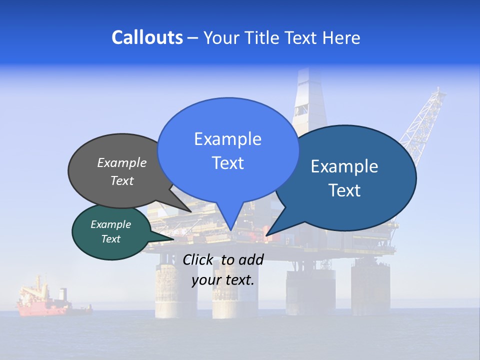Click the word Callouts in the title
click(x=147, y=37)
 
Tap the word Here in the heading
click(x=341, y=37)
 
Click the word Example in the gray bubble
click(x=122, y=163)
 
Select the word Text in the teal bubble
click(x=111, y=239)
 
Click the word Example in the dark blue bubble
click(x=344, y=166)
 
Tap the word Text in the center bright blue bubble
click(x=228, y=163)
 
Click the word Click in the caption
click(x=198, y=259)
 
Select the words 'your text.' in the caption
click(x=223, y=280)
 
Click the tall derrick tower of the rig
click(x=309, y=100)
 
